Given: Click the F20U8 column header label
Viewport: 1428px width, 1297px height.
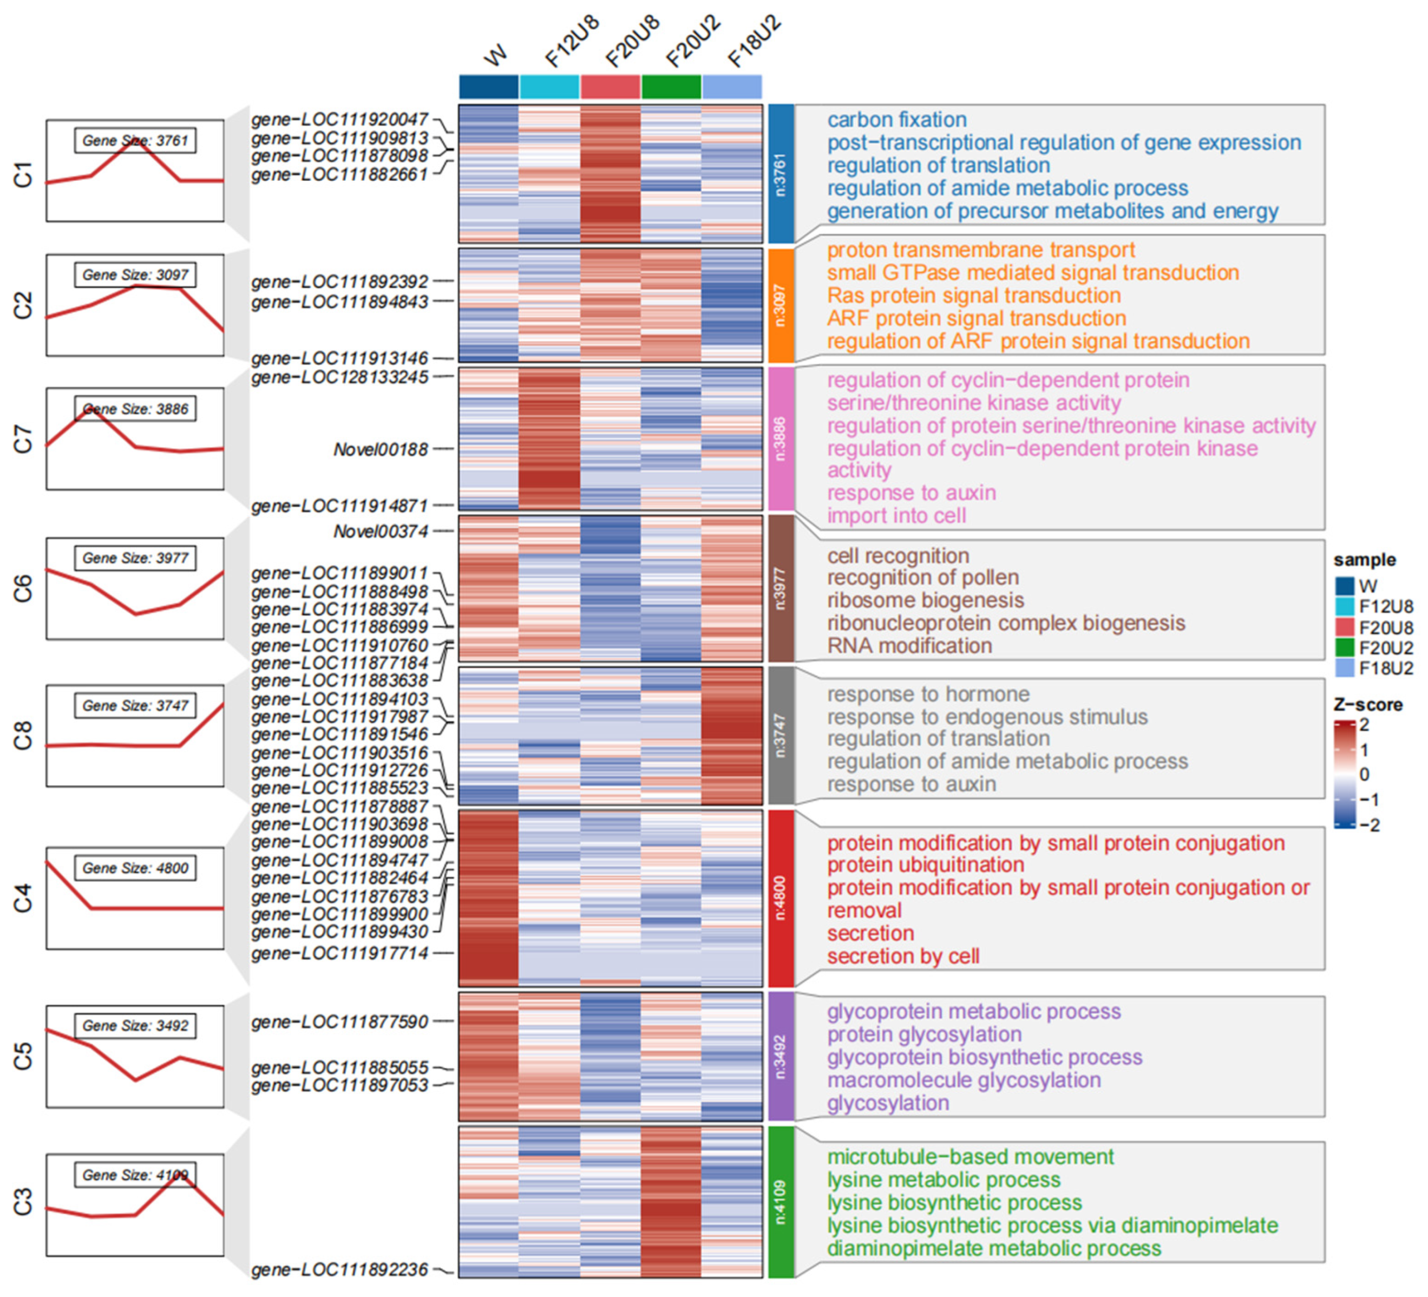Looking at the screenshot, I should point(633,43).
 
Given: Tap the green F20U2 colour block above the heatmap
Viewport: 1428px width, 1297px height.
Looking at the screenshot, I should point(671,87).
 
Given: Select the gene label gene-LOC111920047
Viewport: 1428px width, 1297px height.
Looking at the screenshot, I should point(340,120).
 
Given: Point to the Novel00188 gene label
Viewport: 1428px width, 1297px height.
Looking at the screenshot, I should point(381,449).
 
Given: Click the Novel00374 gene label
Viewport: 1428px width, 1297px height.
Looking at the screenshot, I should point(381,531).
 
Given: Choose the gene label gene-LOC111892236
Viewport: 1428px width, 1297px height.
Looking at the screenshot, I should point(340,1269).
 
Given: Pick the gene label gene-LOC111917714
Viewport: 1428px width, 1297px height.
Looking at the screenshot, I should point(340,953).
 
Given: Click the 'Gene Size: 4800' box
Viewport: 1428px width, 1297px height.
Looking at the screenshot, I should point(135,868).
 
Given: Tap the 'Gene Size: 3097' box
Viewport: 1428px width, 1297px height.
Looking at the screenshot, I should point(135,275).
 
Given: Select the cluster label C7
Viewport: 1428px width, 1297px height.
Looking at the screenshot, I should point(23,439).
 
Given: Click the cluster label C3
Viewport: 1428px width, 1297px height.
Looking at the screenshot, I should point(23,1202).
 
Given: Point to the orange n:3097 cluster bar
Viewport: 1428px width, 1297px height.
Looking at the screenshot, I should point(781,305).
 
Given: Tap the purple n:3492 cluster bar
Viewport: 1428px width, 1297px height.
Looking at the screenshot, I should point(781,1056).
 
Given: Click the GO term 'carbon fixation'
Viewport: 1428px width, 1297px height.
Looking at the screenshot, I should point(897,120).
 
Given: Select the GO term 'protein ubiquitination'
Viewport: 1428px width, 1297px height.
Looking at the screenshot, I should point(925,865).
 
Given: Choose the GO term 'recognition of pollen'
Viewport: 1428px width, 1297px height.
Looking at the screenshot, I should point(922,578).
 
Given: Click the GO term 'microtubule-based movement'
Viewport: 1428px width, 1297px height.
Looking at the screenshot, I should point(971,1157).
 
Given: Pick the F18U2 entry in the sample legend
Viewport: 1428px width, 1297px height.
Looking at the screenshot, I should point(1385,668).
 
